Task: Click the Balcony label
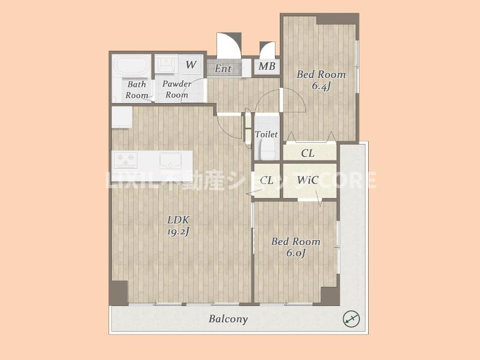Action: tap(228, 319)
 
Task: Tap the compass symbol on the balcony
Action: tap(351, 319)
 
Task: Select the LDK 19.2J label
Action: tap(178, 225)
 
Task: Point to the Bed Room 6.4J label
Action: tap(321, 80)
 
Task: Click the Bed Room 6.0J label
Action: tap(296, 247)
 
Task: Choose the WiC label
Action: tap(308, 180)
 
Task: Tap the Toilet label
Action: tap(266, 134)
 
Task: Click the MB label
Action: tap(267, 66)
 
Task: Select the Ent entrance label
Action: tap(223, 69)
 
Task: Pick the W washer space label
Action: tap(191, 64)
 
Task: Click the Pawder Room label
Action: tap(177, 89)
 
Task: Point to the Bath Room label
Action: tap(136, 89)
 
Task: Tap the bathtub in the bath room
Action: tap(131, 67)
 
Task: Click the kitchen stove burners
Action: tap(125, 160)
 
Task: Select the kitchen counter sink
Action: tap(171, 160)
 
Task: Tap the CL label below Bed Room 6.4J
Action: tap(308, 153)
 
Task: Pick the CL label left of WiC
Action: tap(267, 181)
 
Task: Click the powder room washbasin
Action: tap(166, 64)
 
